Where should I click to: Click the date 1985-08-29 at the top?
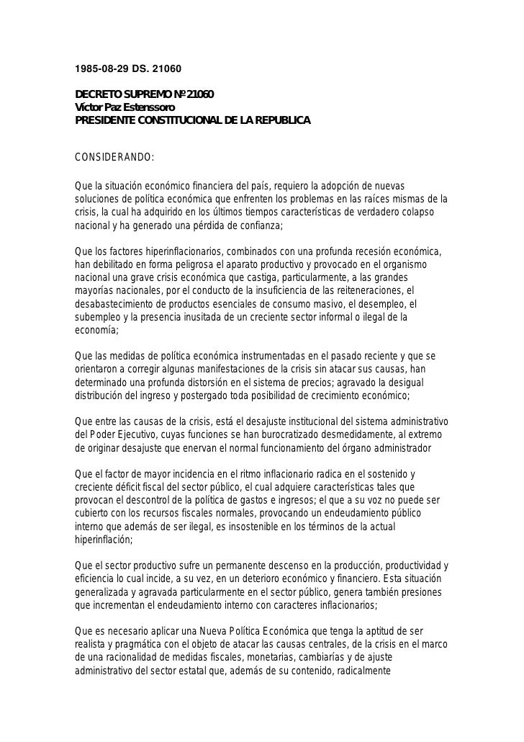(104, 71)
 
